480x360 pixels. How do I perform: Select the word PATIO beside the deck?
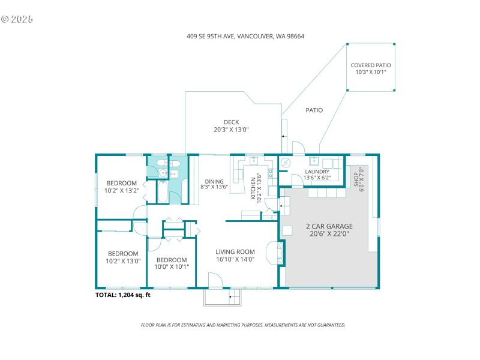[314, 110]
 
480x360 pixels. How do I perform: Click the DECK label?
[231, 122]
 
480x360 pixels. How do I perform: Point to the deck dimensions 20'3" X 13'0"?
[231, 130]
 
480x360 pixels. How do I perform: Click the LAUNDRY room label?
[317, 171]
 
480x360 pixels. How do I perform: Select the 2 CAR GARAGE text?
[329, 226]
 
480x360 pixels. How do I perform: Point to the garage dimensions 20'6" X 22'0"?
[329, 234]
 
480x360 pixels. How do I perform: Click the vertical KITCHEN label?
[253, 186]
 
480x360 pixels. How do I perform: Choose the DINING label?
[214, 181]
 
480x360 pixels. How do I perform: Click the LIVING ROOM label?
[235, 252]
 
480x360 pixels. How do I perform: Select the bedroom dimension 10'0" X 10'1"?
[173, 267]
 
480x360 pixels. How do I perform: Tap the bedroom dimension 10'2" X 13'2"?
[122, 191]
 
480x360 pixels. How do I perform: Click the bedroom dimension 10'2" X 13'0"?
[122, 261]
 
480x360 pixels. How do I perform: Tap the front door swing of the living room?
[215, 280]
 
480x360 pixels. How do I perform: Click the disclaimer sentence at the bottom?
[243, 325]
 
